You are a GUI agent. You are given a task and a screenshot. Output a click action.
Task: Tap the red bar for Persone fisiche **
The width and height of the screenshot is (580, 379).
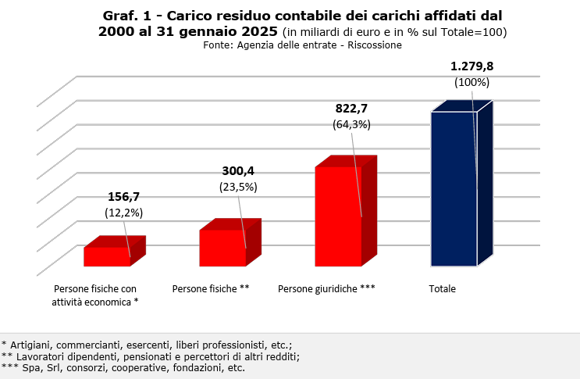(x=222, y=248)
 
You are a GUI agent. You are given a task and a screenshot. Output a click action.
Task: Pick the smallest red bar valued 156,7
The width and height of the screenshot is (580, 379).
(x=107, y=256)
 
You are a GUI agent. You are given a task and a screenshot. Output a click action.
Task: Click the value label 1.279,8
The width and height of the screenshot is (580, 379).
(x=471, y=66)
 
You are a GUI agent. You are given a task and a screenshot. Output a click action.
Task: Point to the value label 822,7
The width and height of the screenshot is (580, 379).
(x=351, y=109)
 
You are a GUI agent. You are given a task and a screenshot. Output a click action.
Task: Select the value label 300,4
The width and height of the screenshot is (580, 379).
(x=238, y=171)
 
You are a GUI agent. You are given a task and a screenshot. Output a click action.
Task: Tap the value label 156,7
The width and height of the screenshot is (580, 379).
(x=123, y=197)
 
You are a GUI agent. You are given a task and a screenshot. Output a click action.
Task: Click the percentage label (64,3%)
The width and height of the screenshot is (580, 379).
(x=351, y=124)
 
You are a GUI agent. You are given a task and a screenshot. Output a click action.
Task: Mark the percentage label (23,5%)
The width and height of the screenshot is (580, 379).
(x=238, y=187)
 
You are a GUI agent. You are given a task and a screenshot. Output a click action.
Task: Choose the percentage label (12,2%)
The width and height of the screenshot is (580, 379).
(x=123, y=213)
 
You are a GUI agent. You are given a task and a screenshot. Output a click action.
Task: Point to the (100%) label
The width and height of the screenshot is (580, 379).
(x=471, y=82)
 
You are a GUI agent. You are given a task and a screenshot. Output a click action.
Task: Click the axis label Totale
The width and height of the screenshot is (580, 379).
(x=442, y=289)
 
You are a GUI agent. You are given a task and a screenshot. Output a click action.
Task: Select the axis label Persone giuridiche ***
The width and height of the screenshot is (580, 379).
(x=326, y=289)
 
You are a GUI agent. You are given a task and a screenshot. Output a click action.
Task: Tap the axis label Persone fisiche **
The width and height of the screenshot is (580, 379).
(x=211, y=289)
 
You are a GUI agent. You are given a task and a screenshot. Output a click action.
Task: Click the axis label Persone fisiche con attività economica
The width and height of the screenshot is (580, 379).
(x=95, y=295)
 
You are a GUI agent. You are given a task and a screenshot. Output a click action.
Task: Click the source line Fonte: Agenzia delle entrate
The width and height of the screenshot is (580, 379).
(x=302, y=45)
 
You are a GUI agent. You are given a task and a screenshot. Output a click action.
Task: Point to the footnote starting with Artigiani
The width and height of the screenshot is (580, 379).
(x=147, y=344)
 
